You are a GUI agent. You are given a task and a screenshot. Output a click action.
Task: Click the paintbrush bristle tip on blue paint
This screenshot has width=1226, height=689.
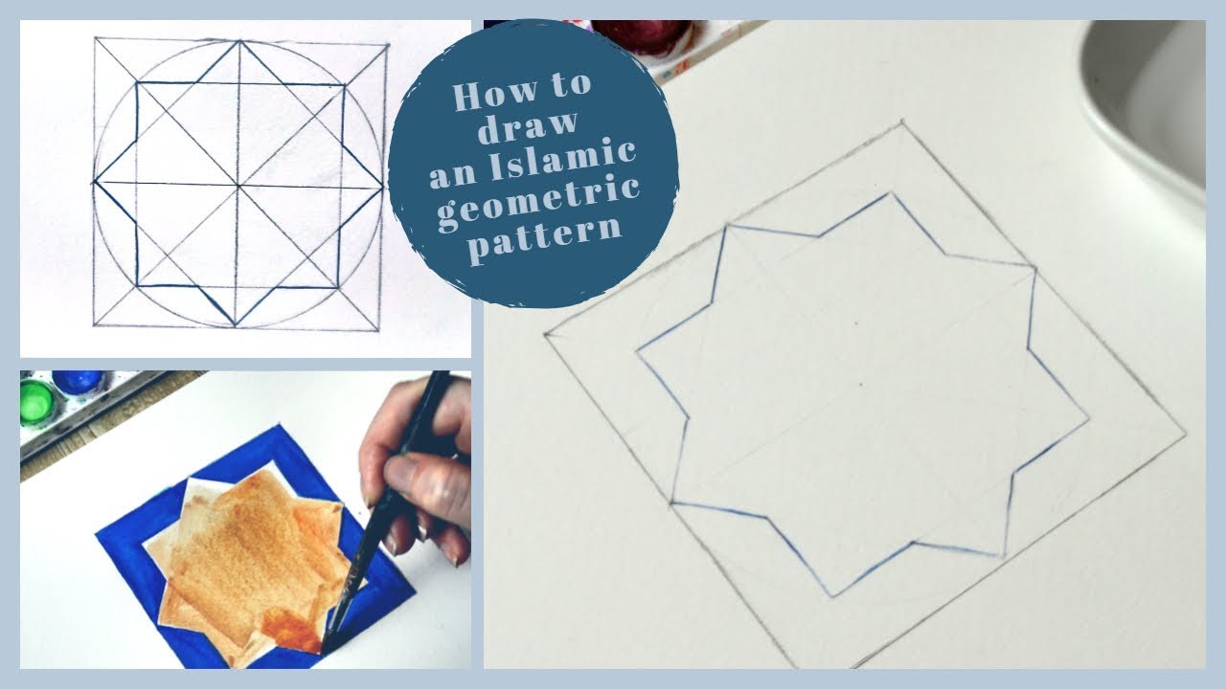pos(329,643)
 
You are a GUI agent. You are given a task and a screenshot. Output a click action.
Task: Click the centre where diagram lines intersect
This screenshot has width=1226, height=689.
pos(238,184)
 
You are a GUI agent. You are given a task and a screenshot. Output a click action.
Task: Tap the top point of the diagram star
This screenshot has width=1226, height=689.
pos(238,42)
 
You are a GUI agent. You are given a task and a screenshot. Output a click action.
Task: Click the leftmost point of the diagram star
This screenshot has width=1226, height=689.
pos(94,182)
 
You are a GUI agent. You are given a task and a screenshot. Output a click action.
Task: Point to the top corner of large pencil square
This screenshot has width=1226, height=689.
pos(902,122)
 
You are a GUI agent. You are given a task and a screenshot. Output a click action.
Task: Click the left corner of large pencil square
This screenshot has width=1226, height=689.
pos(546,333)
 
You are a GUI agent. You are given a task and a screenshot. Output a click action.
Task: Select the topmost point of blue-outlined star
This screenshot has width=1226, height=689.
pos(893,194)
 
